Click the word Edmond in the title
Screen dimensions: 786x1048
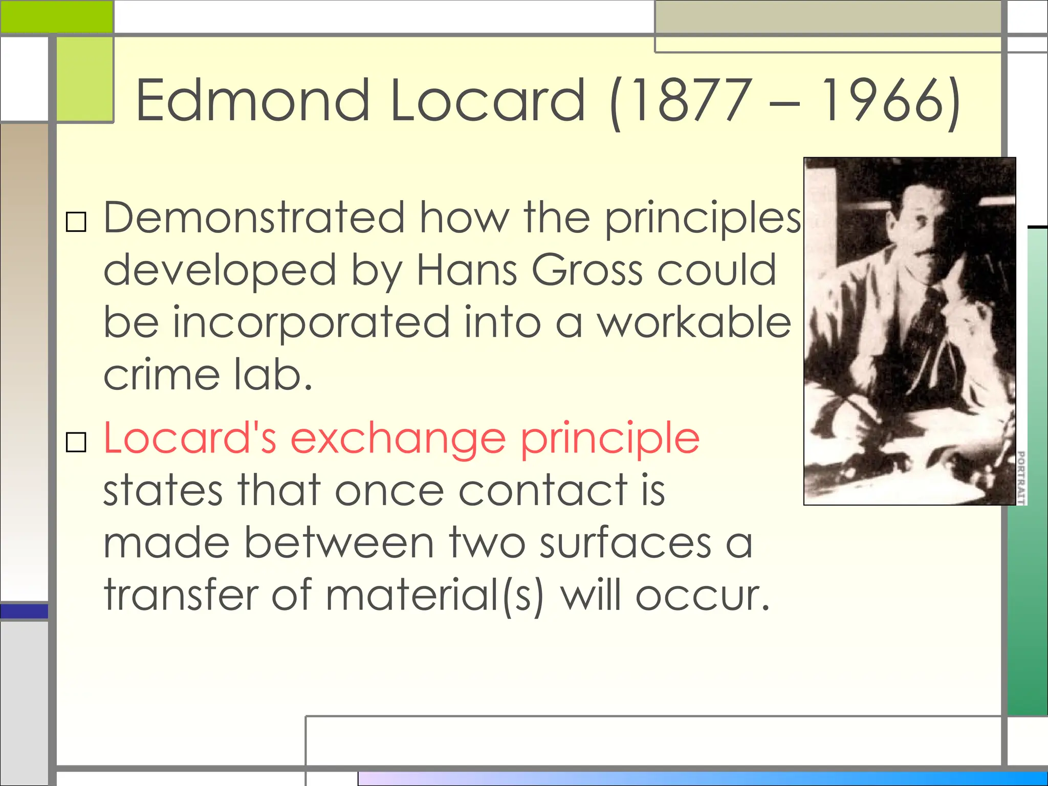[x=252, y=100]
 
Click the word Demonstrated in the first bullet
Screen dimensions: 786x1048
[x=254, y=218]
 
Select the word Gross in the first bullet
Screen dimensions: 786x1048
[x=587, y=270]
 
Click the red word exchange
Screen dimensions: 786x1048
[x=398, y=438]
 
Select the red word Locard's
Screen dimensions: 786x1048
[x=190, y=438]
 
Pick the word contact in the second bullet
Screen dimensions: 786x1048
[x=543, y=490]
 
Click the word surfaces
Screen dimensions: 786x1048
[x=625, y=543]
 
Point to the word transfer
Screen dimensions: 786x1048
[x=181, y=595]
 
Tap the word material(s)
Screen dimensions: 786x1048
[x=434, y=595]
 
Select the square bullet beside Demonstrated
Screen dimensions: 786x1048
[x=76, y=222]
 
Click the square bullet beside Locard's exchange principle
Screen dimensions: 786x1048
[x=76, y=442]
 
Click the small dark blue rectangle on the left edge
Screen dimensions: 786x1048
[x=24, y=611]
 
